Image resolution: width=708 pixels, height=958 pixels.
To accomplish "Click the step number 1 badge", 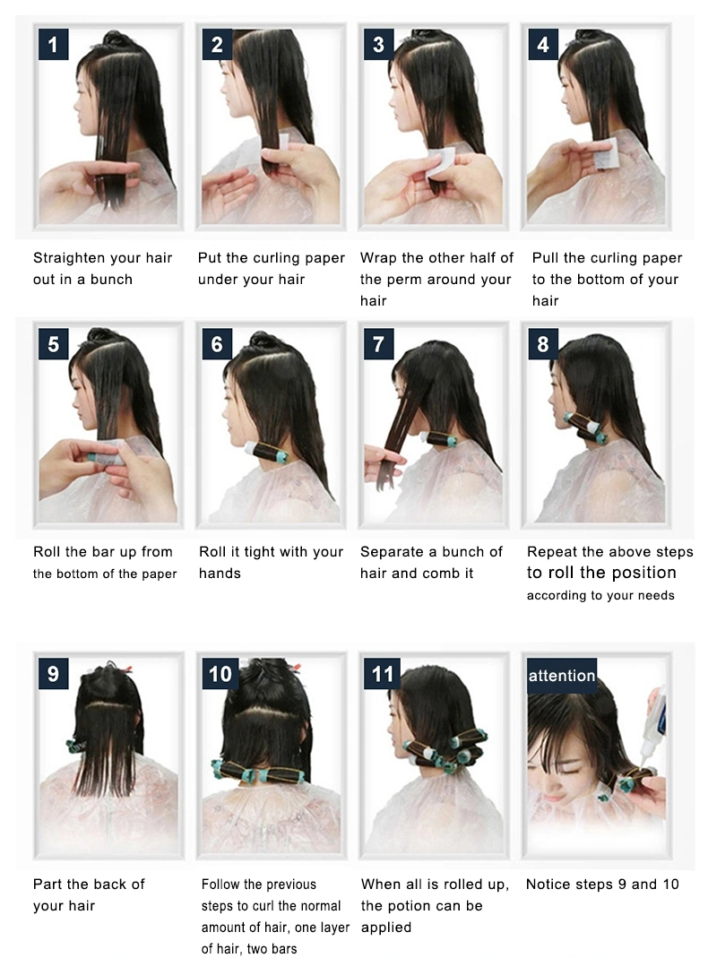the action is (x=53, y=44).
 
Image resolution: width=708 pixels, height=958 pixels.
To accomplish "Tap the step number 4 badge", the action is (x=543, y=44).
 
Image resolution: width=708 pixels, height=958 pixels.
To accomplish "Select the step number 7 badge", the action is (x=379, y=343).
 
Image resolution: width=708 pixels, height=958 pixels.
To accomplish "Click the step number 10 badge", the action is (x=220, y=673).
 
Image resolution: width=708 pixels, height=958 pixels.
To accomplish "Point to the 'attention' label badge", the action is (x=562, y=675).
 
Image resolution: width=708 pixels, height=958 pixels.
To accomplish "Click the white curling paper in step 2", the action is (x=275, y=141).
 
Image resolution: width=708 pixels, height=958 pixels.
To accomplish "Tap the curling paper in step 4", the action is (x=608, y=154).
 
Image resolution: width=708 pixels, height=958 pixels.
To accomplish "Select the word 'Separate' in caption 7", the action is (x=386, y=552).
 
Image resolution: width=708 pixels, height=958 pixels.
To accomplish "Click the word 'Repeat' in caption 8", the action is (x=549, y=552).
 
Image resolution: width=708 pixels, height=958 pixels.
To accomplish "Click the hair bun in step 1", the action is (x=112, y=38).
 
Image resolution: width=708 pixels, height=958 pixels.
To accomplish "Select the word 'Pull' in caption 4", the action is (x=544, y=258).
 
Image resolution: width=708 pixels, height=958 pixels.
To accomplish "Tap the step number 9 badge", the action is (x=53, y=673).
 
